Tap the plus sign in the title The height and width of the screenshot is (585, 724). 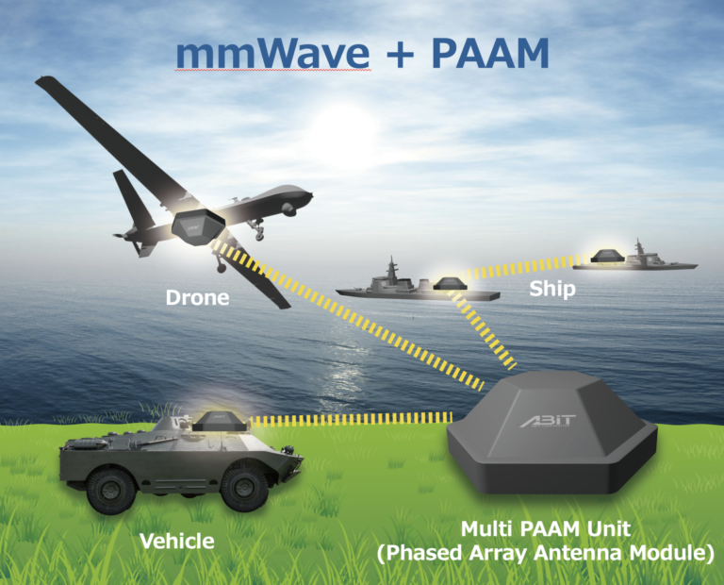click(397, 57)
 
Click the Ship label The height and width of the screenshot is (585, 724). click(551, 289)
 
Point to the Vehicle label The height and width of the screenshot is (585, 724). click(176, 541)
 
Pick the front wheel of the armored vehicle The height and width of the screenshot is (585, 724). click(244, 488)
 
